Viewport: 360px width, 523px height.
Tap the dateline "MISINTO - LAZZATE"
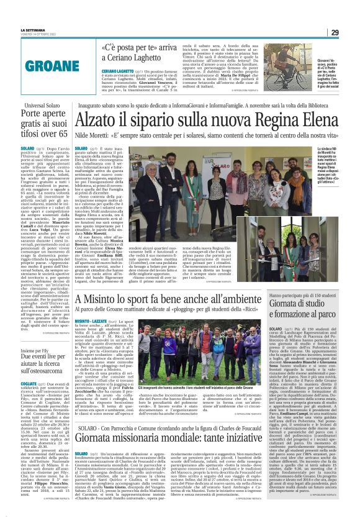[x=92, y=322]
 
